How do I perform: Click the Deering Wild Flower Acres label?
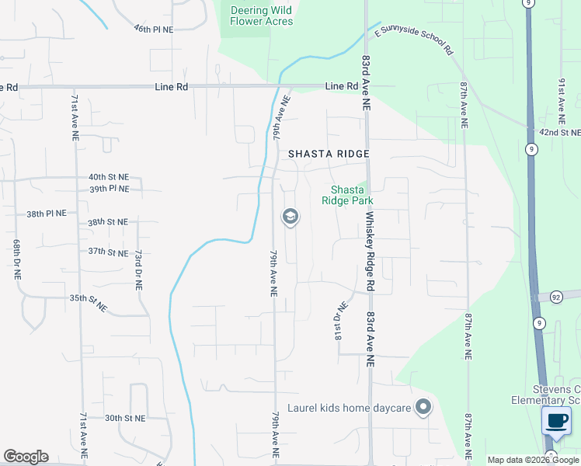pyautogui.click(x=262, y=16)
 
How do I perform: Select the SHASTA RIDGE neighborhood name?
pyautogui.click(x=329, y=154)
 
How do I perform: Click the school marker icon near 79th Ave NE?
pyautogui.click(x=290, y=216)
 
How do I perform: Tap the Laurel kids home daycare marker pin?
pyautogui.click(x=423, y=406)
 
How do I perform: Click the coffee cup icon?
pyautogui.click(x=555, y=421)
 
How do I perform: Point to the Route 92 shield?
pyautogui.click(x=556, y=297)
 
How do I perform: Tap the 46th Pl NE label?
pyautogui.click(x=152, y=28)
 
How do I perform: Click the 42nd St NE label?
pyautogui.click(x=560, y=133)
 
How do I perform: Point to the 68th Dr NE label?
pyautogui.click(x=16, y=259)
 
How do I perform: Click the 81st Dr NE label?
pyautogui.click(x=339, y=321)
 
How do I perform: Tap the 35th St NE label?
pyautogui.click(x=88, y=302)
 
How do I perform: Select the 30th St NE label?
pyautogui.click(x=125, y=418)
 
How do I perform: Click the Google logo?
pyautogui.click(x=26, y=457)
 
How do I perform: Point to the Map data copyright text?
pyautogui.click(x=534, y=460)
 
